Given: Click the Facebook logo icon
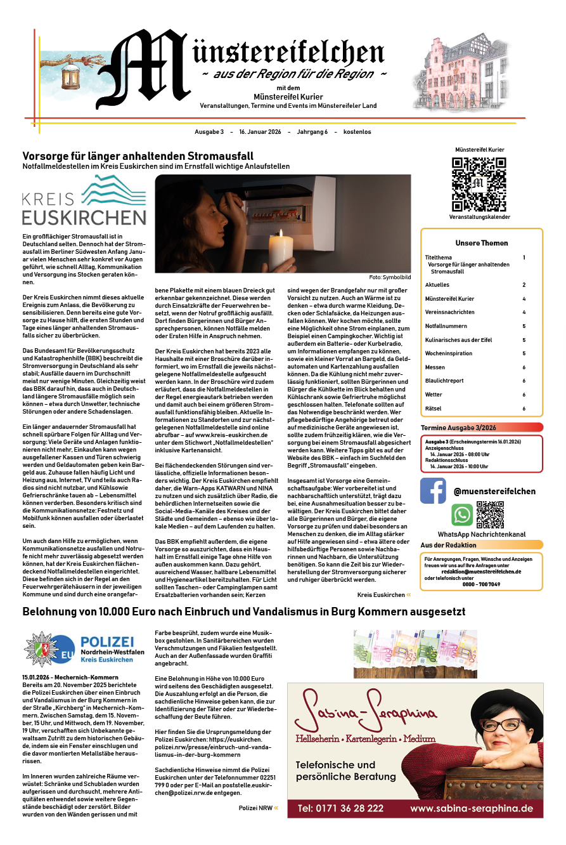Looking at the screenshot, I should (x=433, y=491).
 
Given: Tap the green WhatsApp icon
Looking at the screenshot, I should (x=462, y=514).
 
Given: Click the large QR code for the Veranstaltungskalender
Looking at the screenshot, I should (x=479, y=184).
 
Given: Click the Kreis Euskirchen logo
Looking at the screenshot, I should (x=84, y=200).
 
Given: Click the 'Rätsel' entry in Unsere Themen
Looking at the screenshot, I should (x=434, y=409).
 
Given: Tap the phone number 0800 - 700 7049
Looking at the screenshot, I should (x=481, y=584).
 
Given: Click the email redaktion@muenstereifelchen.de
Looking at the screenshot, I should (x=481, y=572).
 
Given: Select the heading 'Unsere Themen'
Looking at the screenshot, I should (x=481, y=243).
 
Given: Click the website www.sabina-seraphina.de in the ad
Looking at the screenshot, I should (x=471, y=808).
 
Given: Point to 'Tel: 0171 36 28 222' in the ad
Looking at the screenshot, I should (x=340, y=808).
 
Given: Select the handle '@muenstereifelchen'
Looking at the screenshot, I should (x=494, y=491).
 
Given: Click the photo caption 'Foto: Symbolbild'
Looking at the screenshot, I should (x=389, y=278).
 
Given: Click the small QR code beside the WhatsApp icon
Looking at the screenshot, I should (x=489, y=514).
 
